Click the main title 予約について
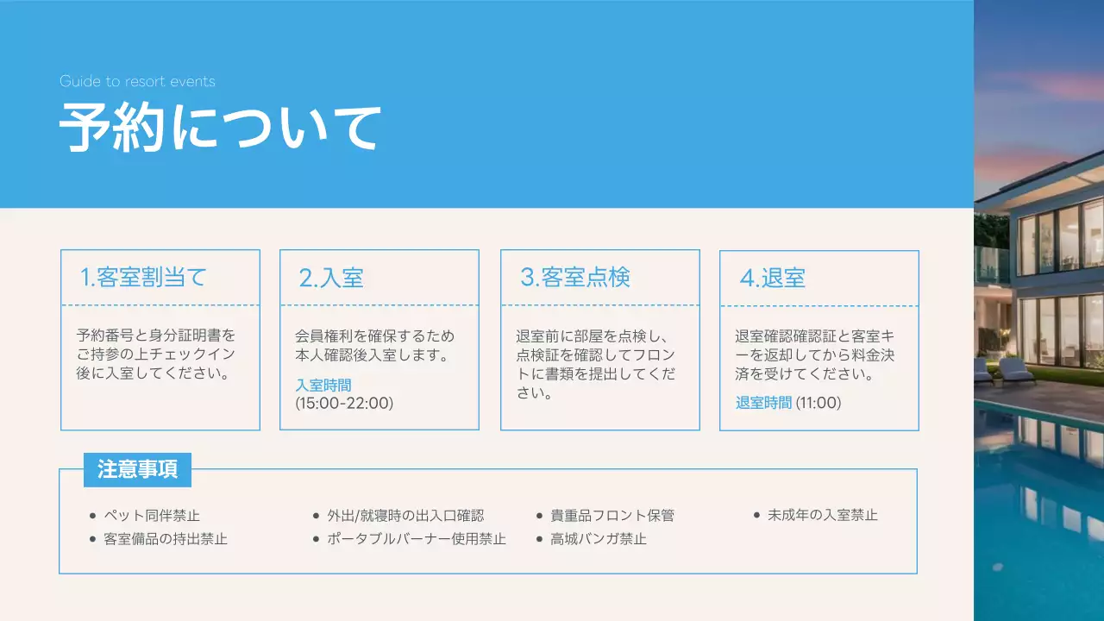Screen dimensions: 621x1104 220,129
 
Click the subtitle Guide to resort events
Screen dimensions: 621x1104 137,82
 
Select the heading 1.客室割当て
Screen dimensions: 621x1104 143,278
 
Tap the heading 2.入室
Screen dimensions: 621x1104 331,278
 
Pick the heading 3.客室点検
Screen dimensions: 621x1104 575,278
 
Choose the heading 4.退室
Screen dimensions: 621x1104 773,279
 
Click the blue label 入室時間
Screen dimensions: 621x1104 323,386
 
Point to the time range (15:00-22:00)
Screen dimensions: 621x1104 344,403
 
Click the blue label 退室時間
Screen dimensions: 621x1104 763,403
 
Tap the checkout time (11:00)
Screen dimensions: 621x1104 818,403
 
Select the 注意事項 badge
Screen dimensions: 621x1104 138,470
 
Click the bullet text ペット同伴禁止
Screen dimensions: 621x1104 152,516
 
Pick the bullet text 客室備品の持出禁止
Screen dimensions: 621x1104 166,539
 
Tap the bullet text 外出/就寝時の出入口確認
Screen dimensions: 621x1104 405,516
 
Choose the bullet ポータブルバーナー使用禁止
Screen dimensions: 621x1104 417,539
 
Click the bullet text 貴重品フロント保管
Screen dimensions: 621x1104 612,516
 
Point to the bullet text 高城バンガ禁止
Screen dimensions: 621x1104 599,539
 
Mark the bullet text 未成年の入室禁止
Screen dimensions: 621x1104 823,515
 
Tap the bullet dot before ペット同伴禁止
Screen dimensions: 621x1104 92,516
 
